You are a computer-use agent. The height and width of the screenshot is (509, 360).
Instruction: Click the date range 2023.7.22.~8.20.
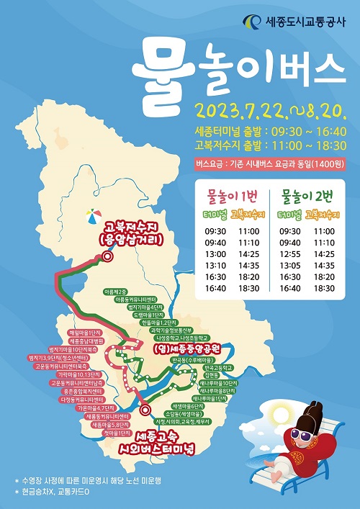pos(272,112)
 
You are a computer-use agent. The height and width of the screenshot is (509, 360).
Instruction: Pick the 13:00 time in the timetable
pos(215,253)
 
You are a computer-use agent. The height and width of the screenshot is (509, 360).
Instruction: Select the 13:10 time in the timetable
pos(215,264)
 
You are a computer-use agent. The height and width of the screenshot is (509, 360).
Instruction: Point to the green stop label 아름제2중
pos(115,292)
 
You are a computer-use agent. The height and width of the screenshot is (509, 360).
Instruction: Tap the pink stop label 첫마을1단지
pos(116,434)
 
